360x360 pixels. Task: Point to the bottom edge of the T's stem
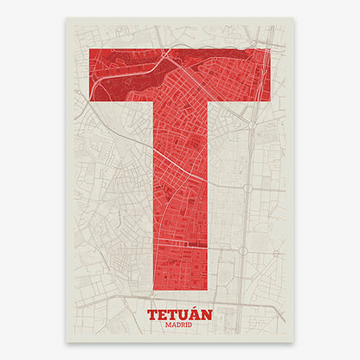click(181, 289)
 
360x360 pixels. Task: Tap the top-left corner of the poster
click(67, 21)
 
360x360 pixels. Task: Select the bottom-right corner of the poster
click(293, 340)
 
